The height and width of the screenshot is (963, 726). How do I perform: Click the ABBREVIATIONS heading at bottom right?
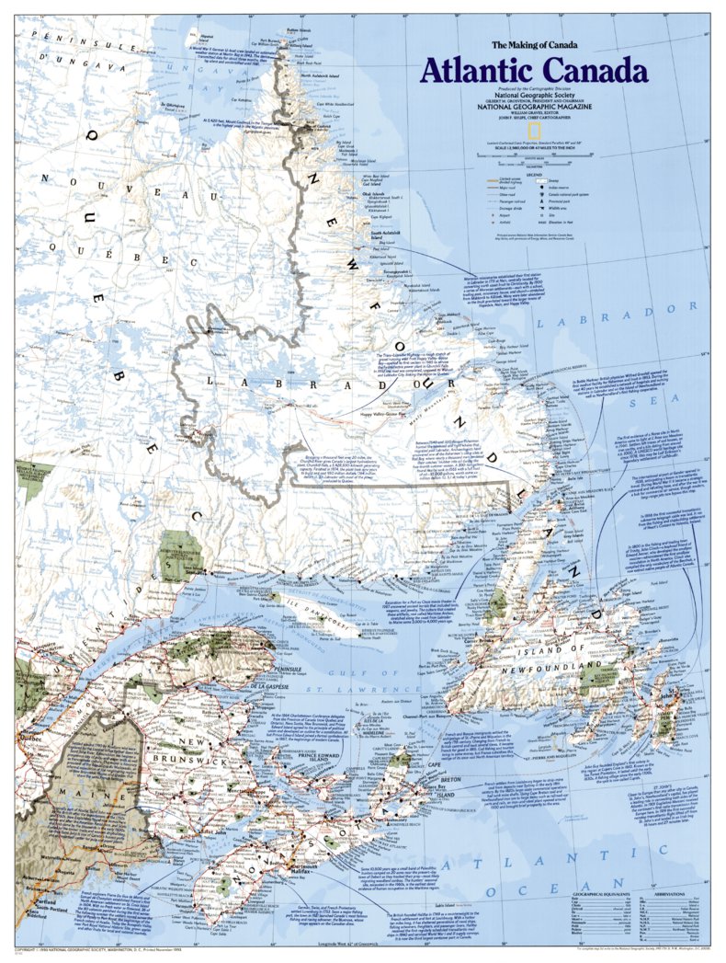(669, 894)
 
